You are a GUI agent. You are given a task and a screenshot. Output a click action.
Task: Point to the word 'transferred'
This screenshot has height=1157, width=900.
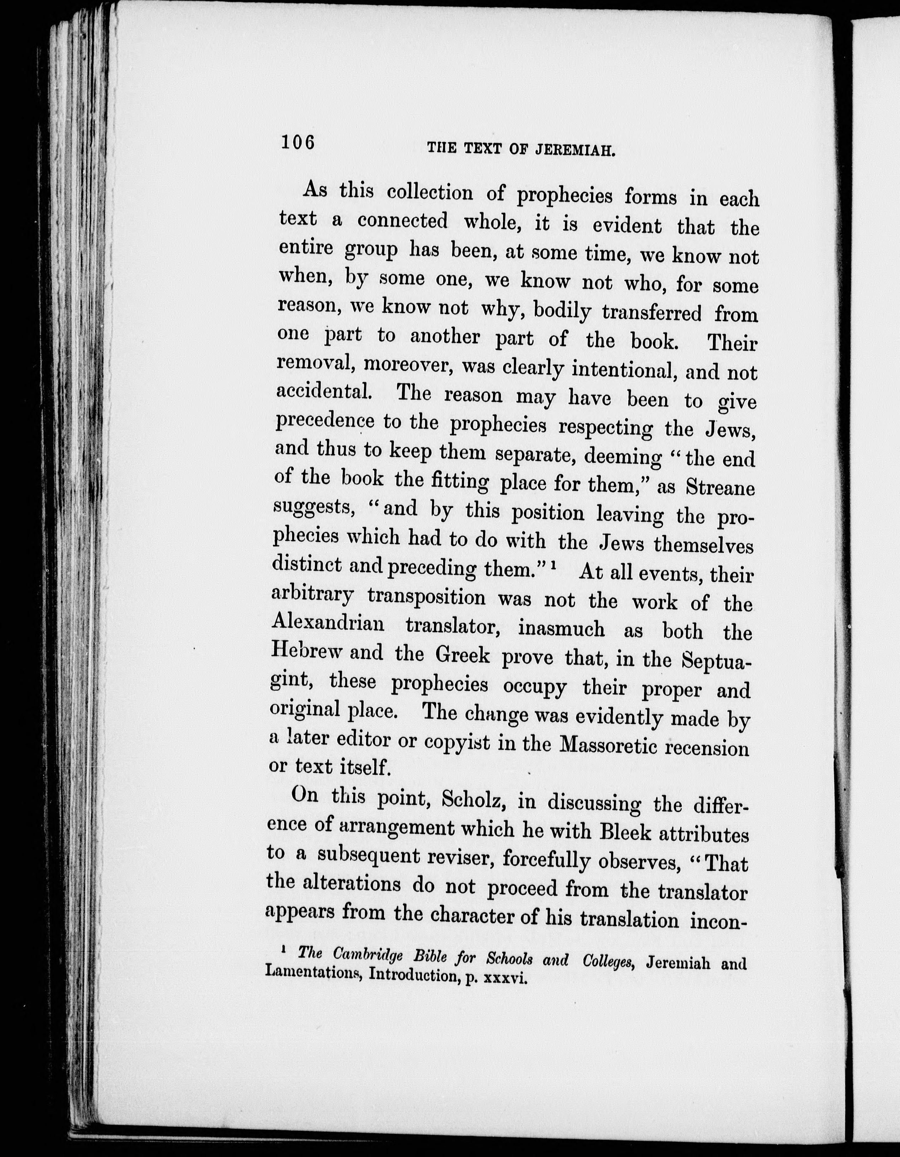pos(652,313)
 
